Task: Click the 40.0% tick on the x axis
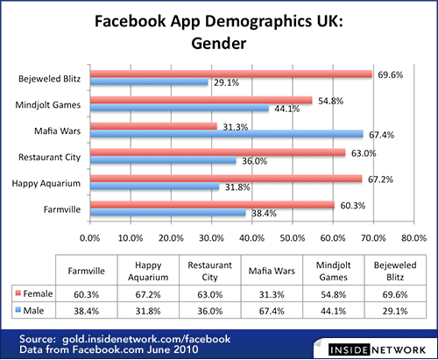point(251,237)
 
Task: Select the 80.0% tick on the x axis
point(413,237)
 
